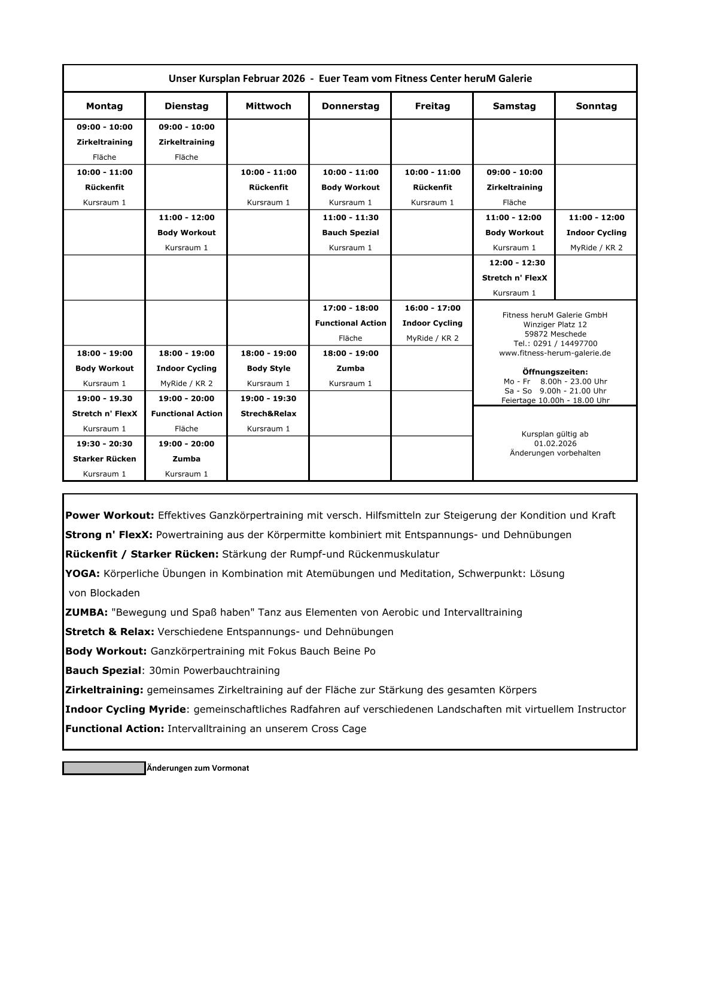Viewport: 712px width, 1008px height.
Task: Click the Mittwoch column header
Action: click(268, 106)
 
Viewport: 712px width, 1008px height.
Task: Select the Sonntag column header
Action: click(596, 106)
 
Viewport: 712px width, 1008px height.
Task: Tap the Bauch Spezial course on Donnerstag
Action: click(350, 233)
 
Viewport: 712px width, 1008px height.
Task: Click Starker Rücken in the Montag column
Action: click(105, 459)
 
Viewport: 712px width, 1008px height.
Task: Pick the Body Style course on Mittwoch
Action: click(268, 369)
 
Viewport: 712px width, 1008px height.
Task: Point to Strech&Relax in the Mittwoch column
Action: click(268, 414)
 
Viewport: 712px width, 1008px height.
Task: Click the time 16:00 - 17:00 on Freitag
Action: click(432, 308)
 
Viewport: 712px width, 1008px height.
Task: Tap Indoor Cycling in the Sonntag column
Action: click(596, 233)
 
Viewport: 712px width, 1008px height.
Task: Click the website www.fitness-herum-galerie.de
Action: click(555, 353)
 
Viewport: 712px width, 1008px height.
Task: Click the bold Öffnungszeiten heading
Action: click(555, 372)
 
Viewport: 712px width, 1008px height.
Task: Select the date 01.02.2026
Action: click(555, 444)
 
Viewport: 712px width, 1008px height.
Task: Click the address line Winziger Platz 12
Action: click(555, 324)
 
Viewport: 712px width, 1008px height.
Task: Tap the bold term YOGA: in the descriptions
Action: click(83, 574)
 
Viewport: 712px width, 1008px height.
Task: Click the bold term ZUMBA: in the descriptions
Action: click(87, 612)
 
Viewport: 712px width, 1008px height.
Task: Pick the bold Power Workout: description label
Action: click(109, 515)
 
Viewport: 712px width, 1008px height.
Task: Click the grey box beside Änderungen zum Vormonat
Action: click(104, 768)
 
